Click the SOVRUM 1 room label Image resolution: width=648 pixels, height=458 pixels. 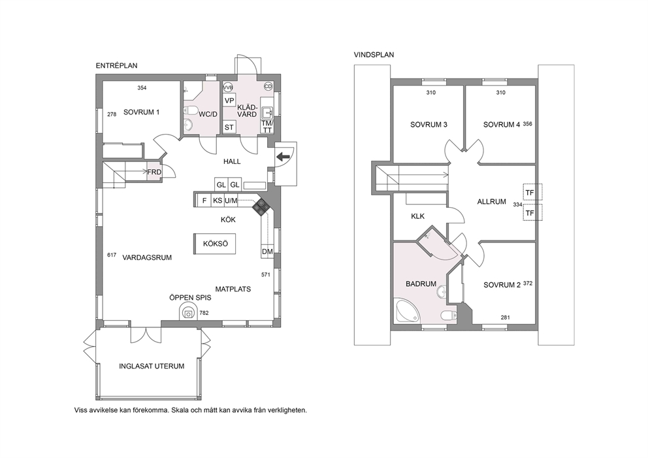(x=141, y=112)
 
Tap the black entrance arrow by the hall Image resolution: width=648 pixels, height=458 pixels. (x=283, y=157)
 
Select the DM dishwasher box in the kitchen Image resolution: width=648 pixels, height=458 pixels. (x=267, y=252)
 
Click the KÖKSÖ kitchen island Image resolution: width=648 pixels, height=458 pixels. (x=215, y=244)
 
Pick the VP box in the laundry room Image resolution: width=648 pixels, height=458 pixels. (x=229, y=101)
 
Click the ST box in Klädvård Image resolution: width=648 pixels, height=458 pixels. (x=229, y=127)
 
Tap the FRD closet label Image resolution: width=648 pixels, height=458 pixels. (x=154, y=172)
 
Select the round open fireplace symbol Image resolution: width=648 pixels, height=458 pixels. (x=189, y=312)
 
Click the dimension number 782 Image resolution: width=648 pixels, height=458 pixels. (x=204, y=313)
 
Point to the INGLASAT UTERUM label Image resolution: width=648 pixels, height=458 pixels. (x=152, y=367)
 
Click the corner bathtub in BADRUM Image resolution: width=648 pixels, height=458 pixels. (x=407, y=310)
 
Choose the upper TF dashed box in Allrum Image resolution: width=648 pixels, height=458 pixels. (x=532, y=192)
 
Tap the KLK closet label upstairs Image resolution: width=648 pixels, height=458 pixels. (x=418, y=216)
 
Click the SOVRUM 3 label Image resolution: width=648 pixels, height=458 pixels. (x=429, y=124)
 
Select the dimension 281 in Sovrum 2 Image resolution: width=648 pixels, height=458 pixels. (x=505, y=318)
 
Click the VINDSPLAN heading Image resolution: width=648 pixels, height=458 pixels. (x=374, y=55)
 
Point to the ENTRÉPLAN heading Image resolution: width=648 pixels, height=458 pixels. (x=116, y=66)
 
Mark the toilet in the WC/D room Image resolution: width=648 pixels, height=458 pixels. (x=191, y=110)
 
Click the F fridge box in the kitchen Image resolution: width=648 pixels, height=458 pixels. (x=204, y=201)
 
